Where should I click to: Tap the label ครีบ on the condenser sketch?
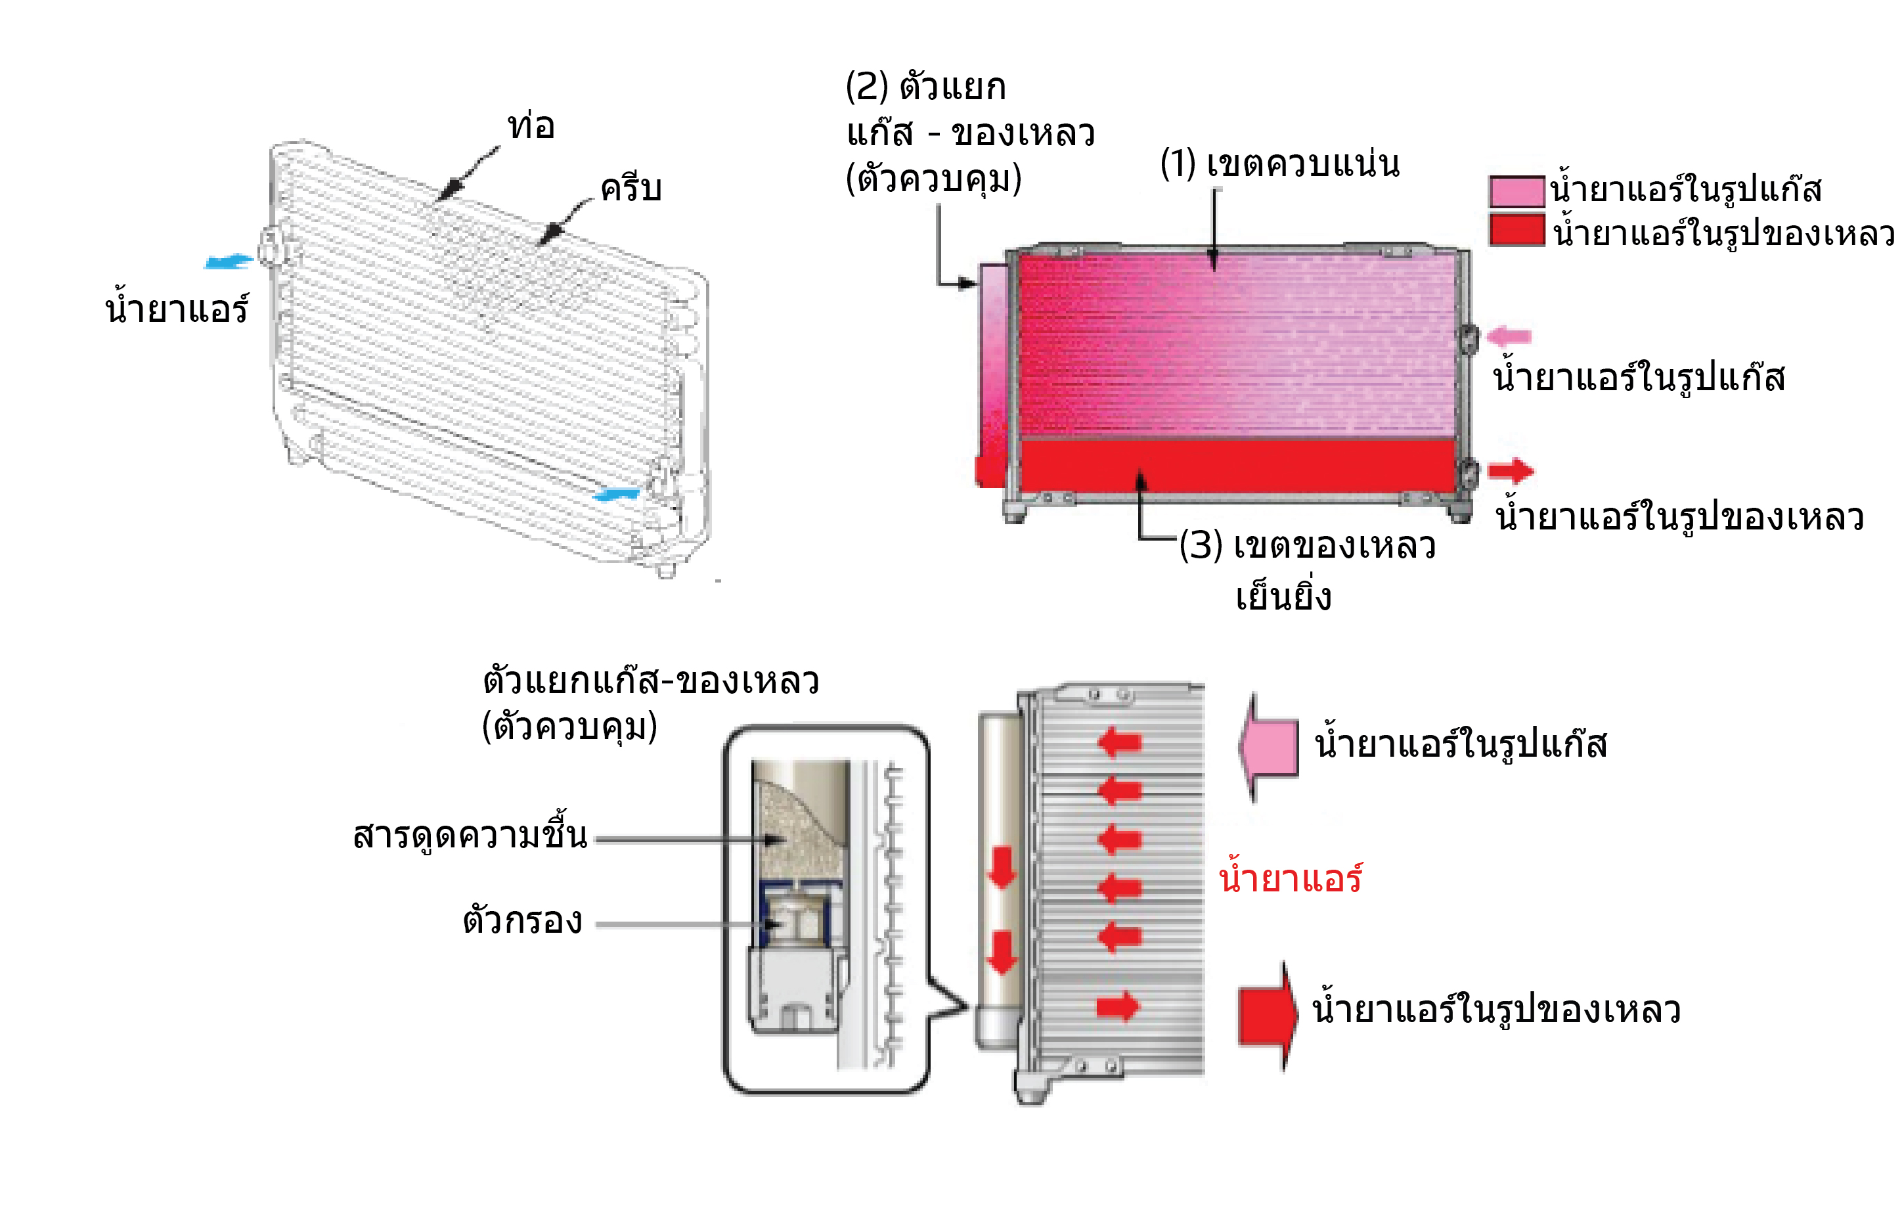pos(630,189)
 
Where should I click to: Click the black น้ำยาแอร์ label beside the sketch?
pos(177,309)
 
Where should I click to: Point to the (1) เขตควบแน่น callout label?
pos(1279,164)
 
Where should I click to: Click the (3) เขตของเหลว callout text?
pos(1308,546)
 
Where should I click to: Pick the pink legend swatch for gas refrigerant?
pos(1516,191)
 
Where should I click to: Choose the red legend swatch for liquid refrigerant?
pos(1516,230)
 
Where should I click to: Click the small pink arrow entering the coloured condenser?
pos(1509,336)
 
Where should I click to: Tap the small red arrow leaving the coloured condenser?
pos(1511,471)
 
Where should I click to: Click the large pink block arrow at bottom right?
pos(1269,747)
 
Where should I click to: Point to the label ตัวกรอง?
pos(523,922)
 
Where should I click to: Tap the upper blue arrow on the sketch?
pos(229,261)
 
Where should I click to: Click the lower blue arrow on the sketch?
pos(615,494)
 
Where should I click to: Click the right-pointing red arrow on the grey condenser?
pos(1117,1006)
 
